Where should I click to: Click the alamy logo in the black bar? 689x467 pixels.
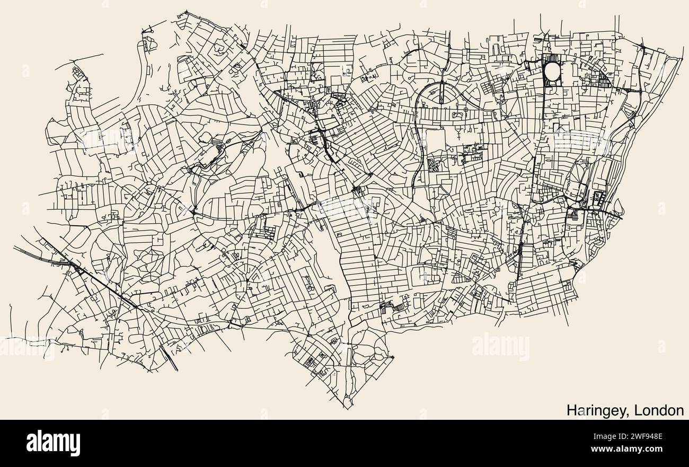pyautogui.click(x=53, y=443)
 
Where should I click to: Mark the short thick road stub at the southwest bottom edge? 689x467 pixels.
pyautogui.click(x=171, y=360)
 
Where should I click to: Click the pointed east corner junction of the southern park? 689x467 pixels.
pyautogui.click(x=393, y=358)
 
